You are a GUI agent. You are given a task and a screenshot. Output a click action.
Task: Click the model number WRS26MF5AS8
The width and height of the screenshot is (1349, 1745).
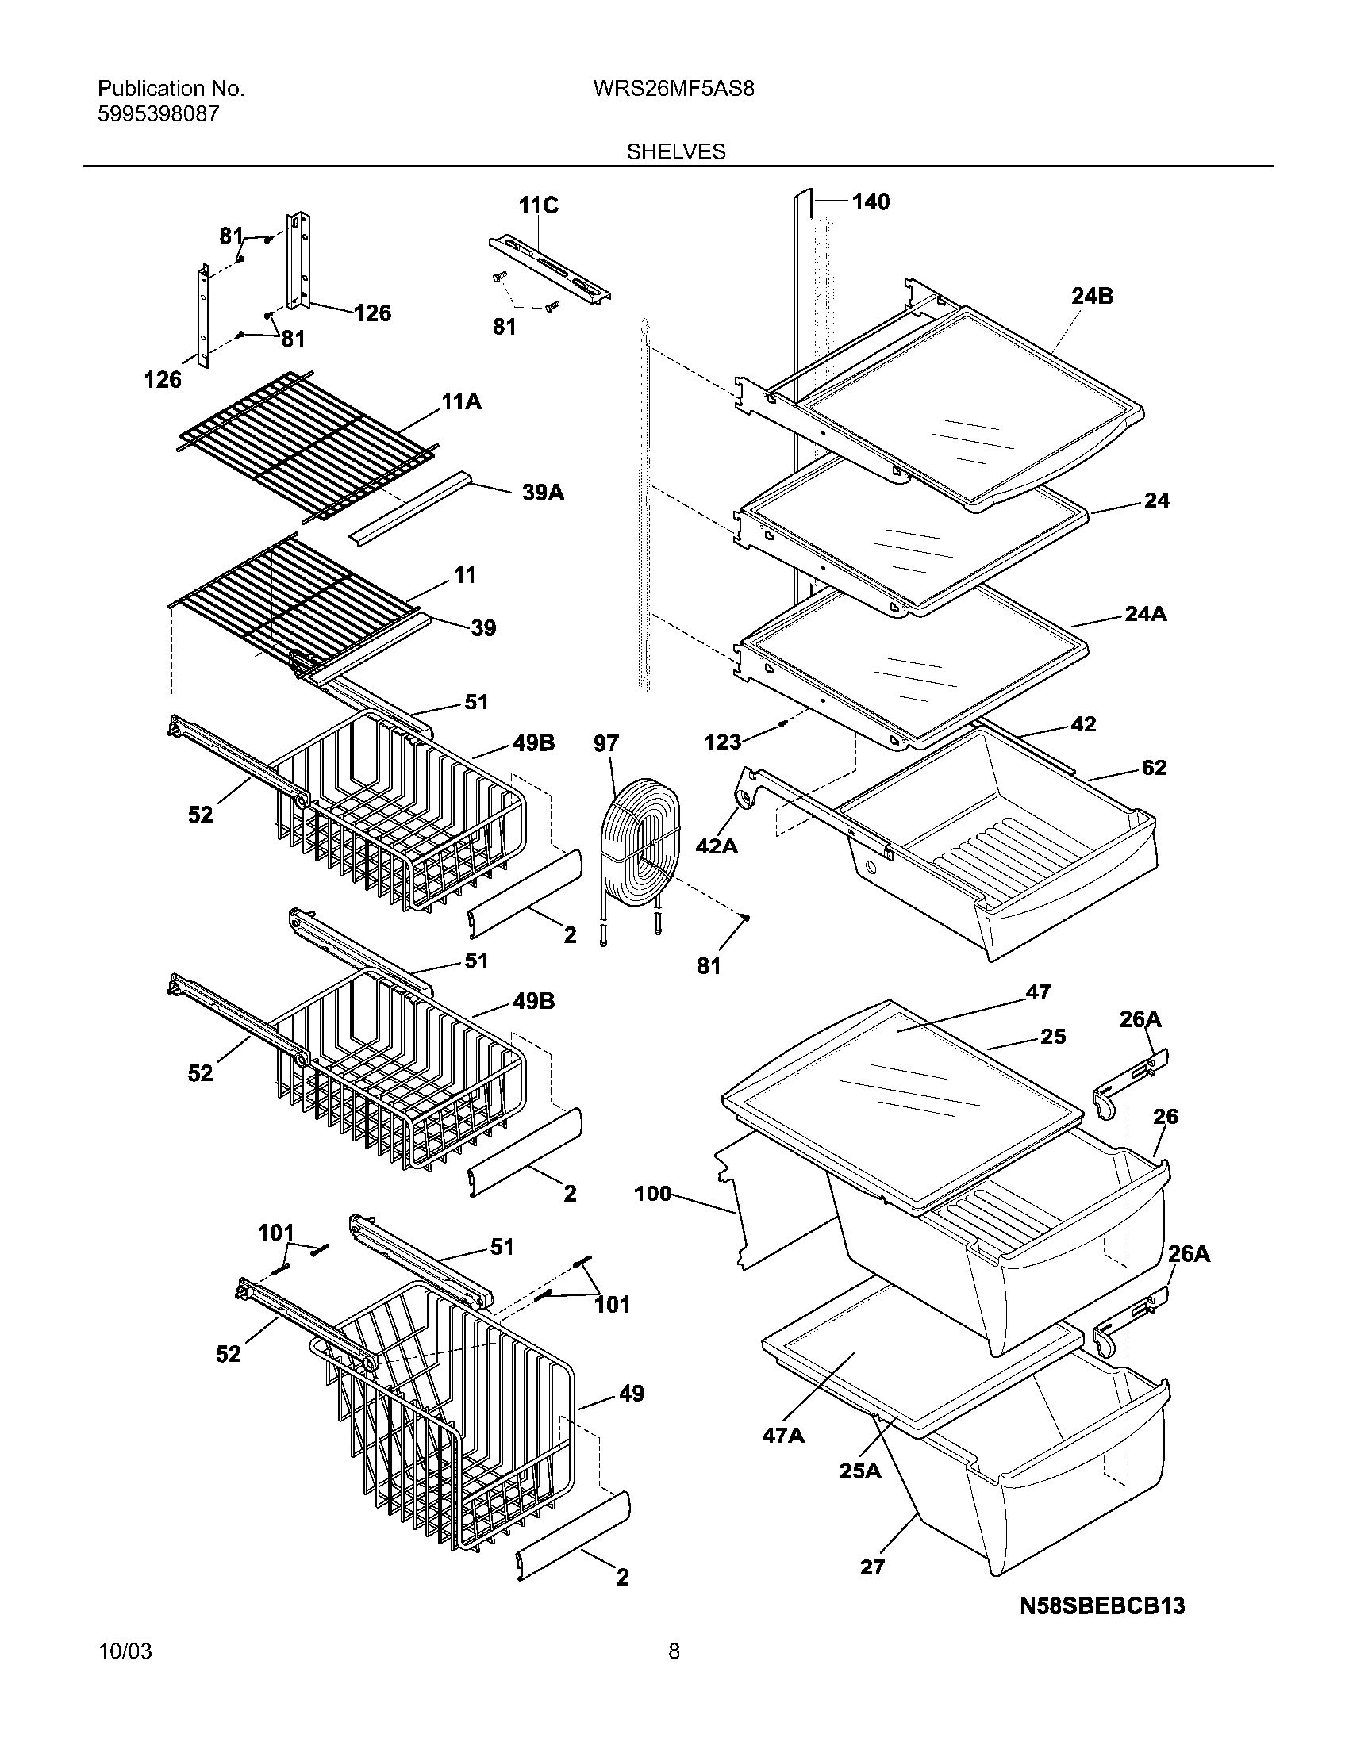(x=673, y=89)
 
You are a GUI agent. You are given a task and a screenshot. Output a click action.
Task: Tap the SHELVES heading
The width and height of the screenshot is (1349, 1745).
(x=675, y=151)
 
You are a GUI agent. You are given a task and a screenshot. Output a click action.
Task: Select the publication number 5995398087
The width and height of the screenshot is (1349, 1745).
(x=157, y=114)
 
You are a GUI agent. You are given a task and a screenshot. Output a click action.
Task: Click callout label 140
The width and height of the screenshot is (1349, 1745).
(x=870, y=201)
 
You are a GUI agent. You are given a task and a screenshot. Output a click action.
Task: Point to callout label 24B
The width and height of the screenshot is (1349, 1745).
(x=1092, y=296)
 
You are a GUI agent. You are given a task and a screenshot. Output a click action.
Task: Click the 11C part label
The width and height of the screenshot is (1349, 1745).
(x=538, y=205)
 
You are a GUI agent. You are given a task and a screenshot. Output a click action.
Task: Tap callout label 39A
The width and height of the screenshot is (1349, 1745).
(x=543, y=493)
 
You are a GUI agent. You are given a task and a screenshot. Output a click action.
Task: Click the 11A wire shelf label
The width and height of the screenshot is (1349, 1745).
(x=461, y=402)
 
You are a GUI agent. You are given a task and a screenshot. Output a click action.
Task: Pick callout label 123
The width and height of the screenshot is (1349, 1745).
(x=721, y=742)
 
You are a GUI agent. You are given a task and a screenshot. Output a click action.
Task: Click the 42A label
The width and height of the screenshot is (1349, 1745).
(x=716, y=846)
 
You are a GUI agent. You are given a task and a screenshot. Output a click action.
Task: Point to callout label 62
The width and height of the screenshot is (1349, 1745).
(x=1154, y=767)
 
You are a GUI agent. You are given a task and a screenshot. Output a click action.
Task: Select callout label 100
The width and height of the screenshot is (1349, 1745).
(x=652, y=1195)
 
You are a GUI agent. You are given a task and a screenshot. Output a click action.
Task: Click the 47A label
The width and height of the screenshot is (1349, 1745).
(x=782, y=1436)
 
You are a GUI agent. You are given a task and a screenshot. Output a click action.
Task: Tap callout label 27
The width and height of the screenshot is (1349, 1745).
(x=872, y=1567)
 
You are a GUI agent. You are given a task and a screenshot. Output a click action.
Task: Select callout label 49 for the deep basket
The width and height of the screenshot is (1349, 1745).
(x=631, y=1394)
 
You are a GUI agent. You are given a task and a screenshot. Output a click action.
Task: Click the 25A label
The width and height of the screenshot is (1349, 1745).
(x=859, y=1470)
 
